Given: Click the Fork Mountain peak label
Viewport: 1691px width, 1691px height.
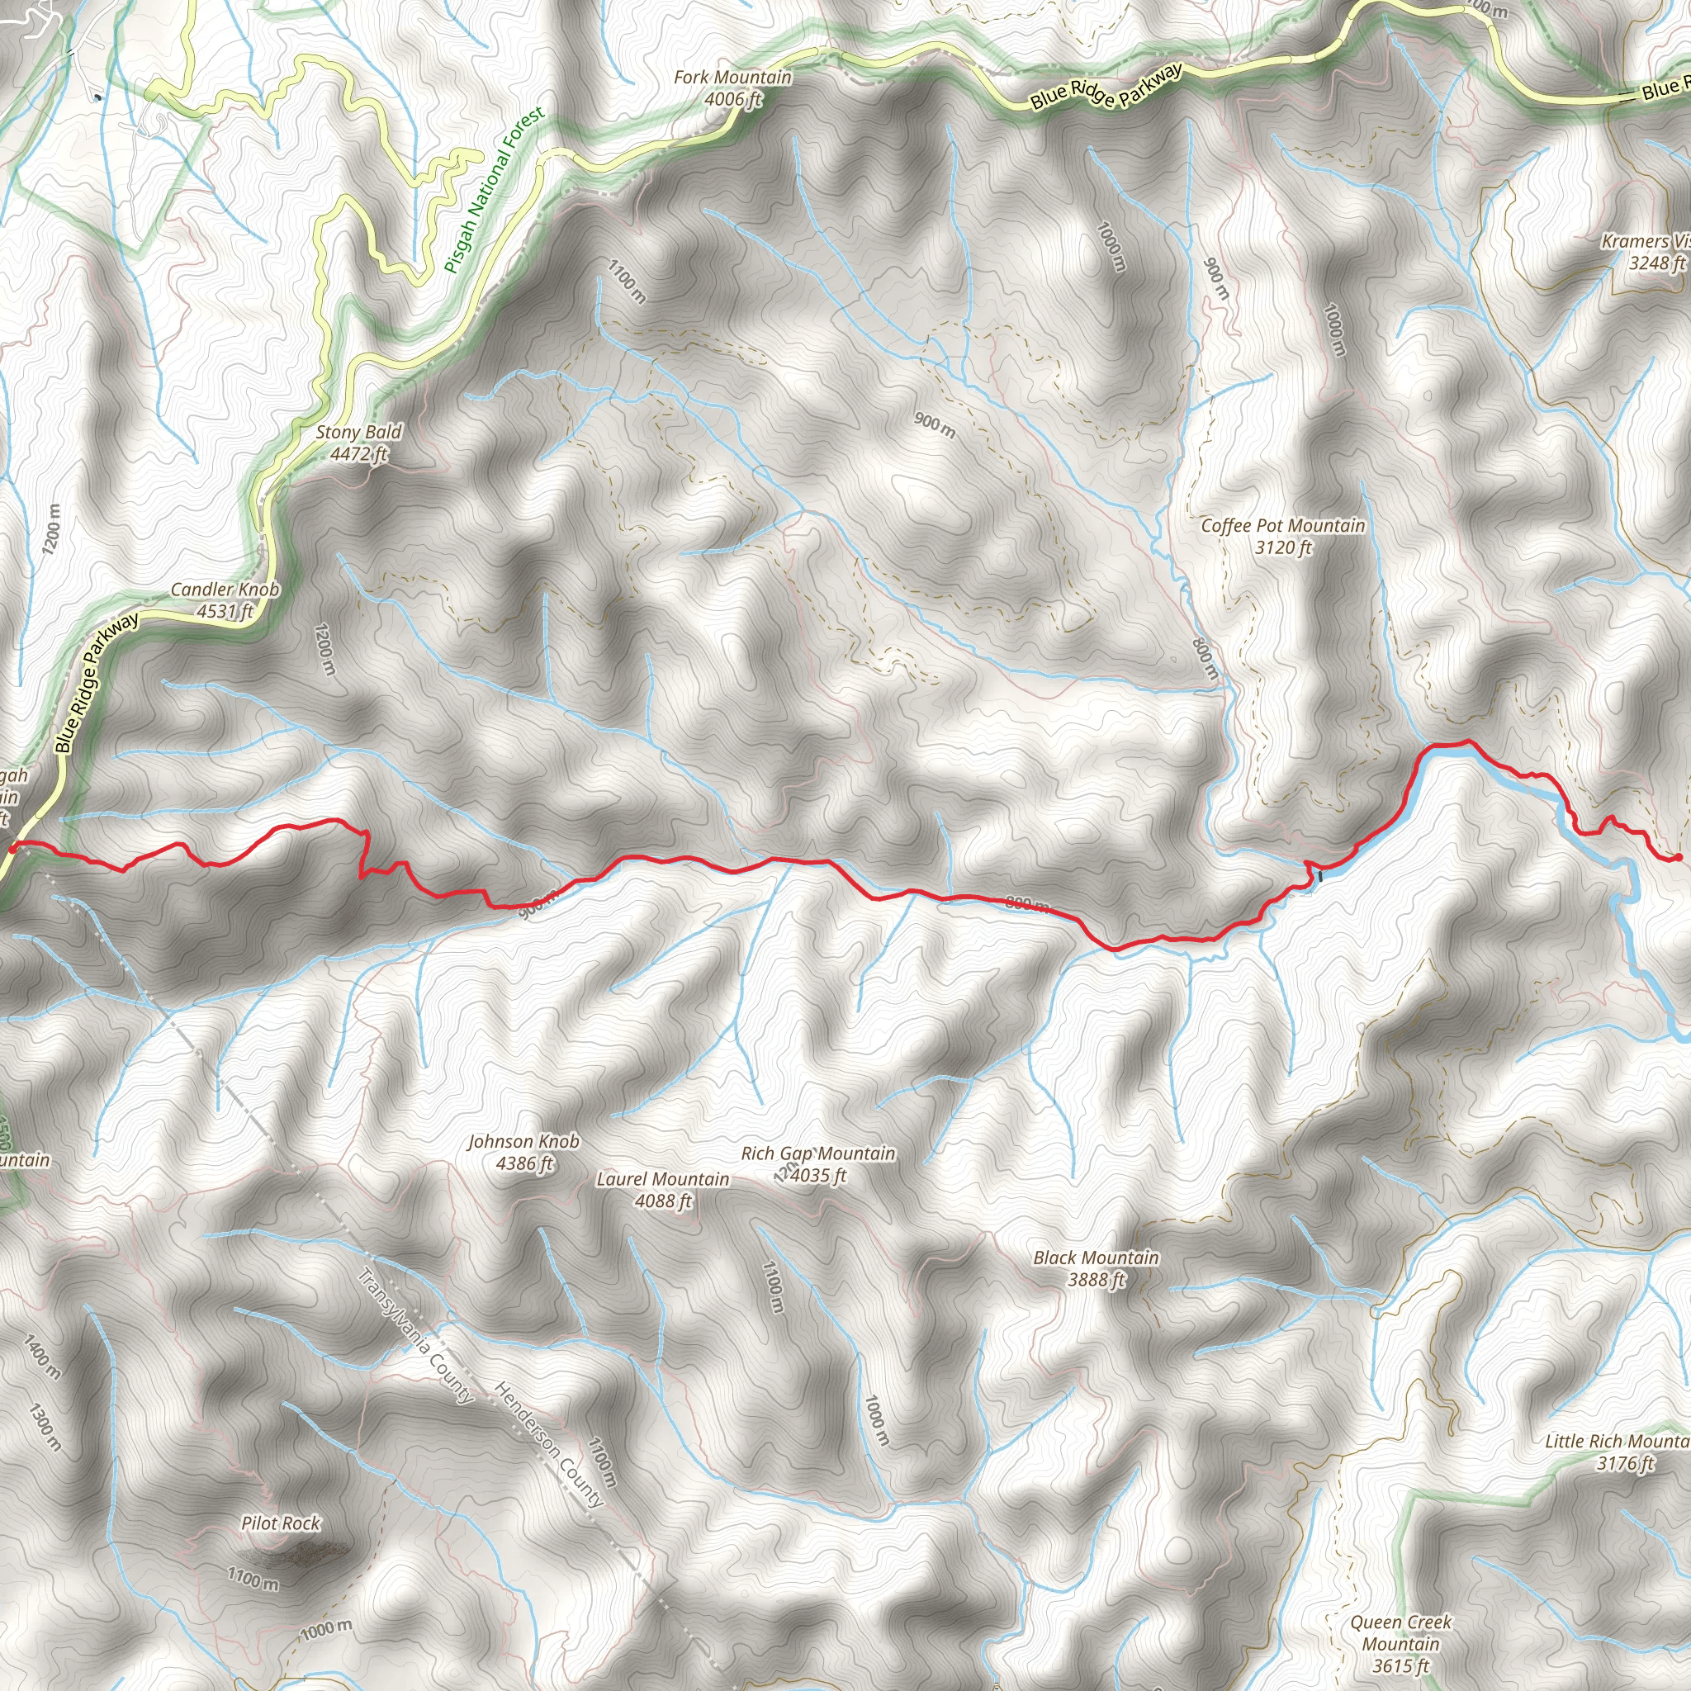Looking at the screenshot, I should pyautogui.click(x=732, y=78).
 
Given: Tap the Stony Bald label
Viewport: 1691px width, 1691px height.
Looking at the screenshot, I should pyautogui.click(x=359, y=432).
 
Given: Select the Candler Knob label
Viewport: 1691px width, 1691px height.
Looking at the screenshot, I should pyautogui.click(x=225, y=589).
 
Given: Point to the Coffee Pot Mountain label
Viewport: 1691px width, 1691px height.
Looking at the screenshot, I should pyautogui.click(x=1282, y=526).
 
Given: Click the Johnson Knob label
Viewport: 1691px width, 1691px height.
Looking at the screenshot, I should pyautogui.click(x=523, y=1141).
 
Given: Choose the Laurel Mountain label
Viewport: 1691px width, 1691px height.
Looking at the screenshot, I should pyautogui.click(x=662, y=1179).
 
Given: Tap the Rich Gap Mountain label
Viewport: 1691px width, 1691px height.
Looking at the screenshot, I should pyautogui.click(x=817, y=1153).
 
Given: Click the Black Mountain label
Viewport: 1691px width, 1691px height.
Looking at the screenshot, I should pyautogui.click(x=1096, y=1258).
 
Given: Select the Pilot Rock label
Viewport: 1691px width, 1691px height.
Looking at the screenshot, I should pyautogui.click(x=281, y=1523).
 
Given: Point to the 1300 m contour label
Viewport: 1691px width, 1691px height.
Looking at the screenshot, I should pyautogui.click(x=44, y=1427).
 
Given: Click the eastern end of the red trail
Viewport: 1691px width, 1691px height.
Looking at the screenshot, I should pyautogui.click(x=1677, y=857).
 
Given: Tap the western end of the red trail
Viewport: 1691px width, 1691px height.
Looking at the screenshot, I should pyautogui.click(x=12, y=845).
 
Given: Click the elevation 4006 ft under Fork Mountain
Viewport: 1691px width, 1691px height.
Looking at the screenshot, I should pyautogui.click(x=732, y=100).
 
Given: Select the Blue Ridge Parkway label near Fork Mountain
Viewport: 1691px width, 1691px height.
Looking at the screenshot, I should pyautogui.click(x=1106, y=87).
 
